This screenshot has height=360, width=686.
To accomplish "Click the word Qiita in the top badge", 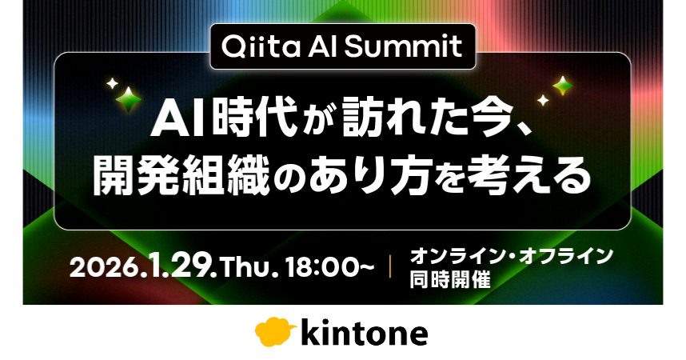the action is coord(261,46).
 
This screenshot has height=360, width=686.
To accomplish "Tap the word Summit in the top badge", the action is coord(403,47).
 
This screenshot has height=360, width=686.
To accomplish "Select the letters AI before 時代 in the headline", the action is coord(178,119).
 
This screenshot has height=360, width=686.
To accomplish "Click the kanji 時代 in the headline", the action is coord(254,118).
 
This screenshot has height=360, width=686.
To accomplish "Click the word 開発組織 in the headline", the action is coord(181,176).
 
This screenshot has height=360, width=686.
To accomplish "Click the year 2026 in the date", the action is coord(104,266).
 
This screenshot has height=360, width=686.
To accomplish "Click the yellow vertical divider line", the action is coord(390,266).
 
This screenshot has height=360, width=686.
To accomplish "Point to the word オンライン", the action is coord(458,255).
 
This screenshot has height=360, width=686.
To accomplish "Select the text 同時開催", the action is coord(450,279).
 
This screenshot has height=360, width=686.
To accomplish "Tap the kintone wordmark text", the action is coord(364,334).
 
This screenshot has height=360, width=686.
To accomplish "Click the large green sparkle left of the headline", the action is coord(129,99).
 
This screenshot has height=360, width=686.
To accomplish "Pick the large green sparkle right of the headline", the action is coord(563,86).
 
